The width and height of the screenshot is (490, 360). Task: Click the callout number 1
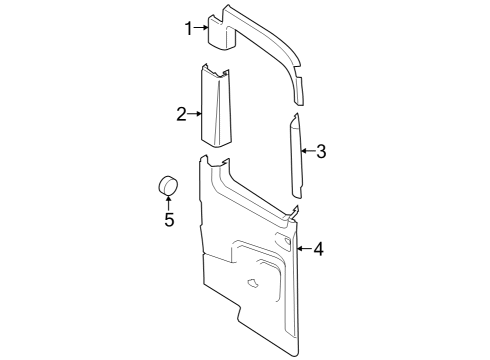pos(188,28)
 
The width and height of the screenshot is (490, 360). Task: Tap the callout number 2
pos(182,115)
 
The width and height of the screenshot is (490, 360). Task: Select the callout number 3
pos(320,152)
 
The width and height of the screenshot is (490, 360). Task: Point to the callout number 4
pos(317,248)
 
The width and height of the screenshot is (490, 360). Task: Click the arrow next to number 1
pos(201,28)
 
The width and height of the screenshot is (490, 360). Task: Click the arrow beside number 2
pos(195,115)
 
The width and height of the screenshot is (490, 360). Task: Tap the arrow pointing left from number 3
pos(307,152)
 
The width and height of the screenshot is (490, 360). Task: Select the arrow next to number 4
pos(304,248)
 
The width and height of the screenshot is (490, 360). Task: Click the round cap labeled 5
pos(168,186)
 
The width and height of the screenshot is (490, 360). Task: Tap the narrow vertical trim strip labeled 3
pos(296,155)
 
